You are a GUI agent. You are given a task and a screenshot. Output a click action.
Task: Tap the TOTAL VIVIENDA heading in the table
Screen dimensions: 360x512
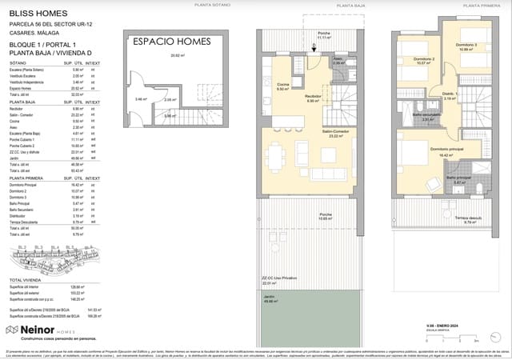tap(26, 281)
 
